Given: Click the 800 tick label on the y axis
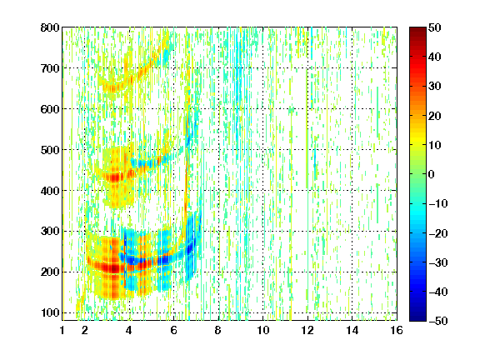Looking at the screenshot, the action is [50, 27].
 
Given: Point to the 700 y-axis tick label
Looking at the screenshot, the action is [50, 68].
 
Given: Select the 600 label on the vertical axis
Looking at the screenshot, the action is [50, 109].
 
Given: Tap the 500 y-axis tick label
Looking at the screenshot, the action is [50, 150].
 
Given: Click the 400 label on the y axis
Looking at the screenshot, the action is [50, 191].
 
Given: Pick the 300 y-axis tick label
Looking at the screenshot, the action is [50, 231].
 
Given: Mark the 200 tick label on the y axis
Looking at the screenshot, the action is [50, 272].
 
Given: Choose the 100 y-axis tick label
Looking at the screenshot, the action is [50, 312].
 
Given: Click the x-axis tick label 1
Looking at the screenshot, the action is [62, 330].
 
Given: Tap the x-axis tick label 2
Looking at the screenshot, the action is [85, 330].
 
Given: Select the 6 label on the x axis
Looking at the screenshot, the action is [174, 330].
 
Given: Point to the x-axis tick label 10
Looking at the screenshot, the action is [263, 330].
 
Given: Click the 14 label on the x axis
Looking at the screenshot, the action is [352, 330].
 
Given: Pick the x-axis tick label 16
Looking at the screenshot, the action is [397, 330].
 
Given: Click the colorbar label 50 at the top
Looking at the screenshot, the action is [434, 27].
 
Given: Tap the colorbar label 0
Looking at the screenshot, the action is [432, 174].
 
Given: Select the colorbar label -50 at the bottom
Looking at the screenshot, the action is [438, 321].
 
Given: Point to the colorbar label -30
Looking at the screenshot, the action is [438, 262].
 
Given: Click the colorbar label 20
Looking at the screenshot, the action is [434, 116].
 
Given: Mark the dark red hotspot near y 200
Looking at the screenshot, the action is [114, 268].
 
